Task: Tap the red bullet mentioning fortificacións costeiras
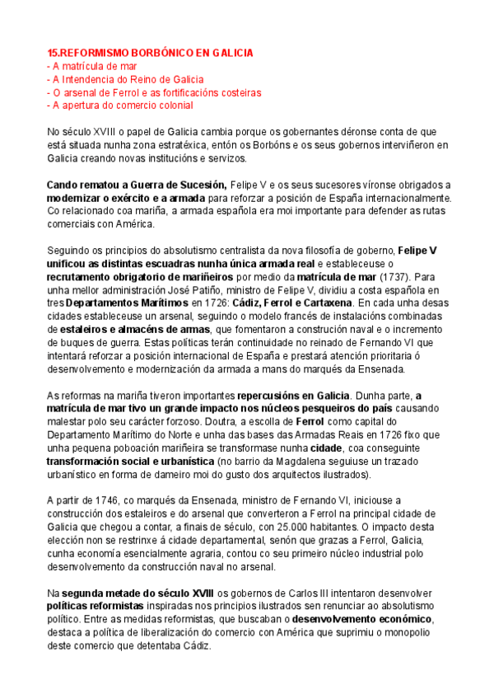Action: pyautogui.click(x=154, y=92)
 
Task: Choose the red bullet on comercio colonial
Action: pyautogui.click(x=120, y=106)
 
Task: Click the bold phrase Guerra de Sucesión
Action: pyautogui.click(x=174, y=185)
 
